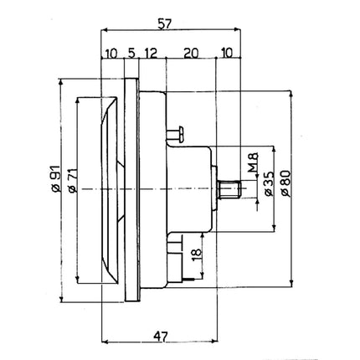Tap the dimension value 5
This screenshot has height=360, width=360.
pyautogui.click(x=130, y=54)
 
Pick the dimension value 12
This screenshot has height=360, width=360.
pyautogui.click(x=151, y=54)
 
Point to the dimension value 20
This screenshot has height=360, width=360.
pyautogui.click(x=190, y=54)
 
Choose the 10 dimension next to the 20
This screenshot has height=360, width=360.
pyautogui.click(x=227, y=54)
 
